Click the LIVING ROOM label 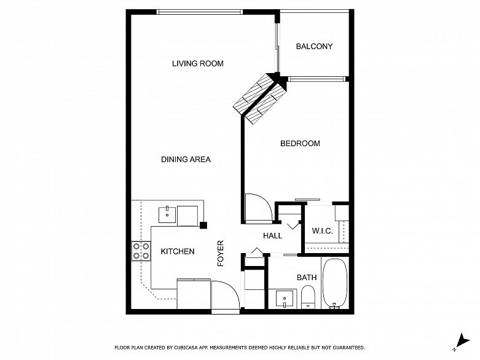[198, 64]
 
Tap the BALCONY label [314, 47]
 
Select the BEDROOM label [300, 144]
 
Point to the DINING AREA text [186, 159]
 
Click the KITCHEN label [178, 251]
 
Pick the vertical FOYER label [221, 253]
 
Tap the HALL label [272, 236]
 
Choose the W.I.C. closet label [322, 231]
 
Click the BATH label [307, 278]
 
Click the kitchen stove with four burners [141, 251]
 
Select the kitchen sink [167, 215]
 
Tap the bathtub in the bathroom [336, 284]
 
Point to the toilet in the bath [308, 297]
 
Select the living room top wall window [200, 12]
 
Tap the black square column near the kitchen [203, 225]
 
